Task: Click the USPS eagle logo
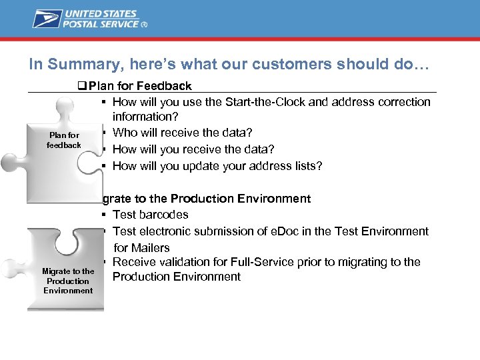46,18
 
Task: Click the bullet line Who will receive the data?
182,133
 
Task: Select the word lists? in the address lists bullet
306,166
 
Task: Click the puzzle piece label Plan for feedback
64,140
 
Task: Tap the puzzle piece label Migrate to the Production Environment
68,281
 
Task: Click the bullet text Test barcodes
151,215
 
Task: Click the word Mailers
151,248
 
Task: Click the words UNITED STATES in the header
100,14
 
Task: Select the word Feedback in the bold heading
165,86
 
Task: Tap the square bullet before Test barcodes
105,215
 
